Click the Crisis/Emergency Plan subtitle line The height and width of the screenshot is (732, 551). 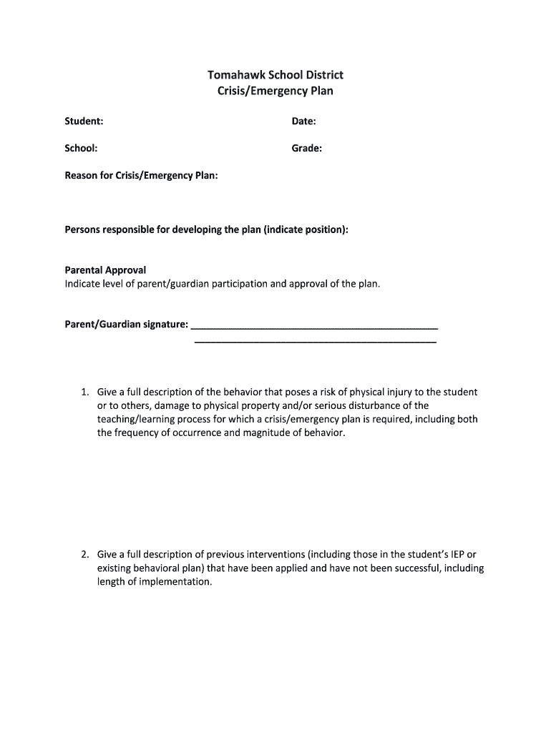click(x=275, y=91)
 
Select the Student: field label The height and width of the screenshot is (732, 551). click(x=84, y=122)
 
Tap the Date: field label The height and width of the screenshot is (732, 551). click(x=303, y=122)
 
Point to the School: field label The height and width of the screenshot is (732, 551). click(x=82, y=149)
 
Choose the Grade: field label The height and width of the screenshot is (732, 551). click(x=306, y=149)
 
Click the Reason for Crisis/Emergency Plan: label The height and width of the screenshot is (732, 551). click(x=141, y=175)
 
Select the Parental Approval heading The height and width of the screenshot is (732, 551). click(x=105, y=270)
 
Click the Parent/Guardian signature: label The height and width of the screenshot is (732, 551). click(x=127, y=325)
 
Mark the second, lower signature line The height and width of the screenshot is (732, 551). click(x=315, y=342)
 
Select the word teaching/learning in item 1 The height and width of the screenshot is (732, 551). click(x=138, y=420)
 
